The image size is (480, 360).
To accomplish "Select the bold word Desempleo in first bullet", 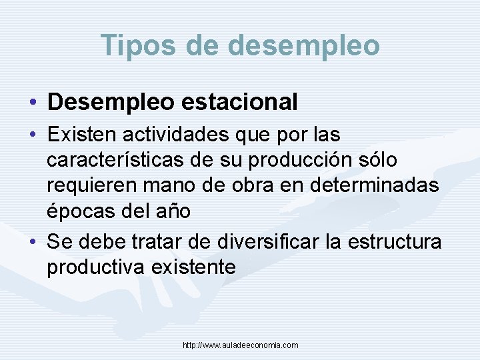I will pyautogui.click(x=109, y=102).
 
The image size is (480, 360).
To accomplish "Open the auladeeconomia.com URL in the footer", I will pyautogui.click(x=240, y=345).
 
